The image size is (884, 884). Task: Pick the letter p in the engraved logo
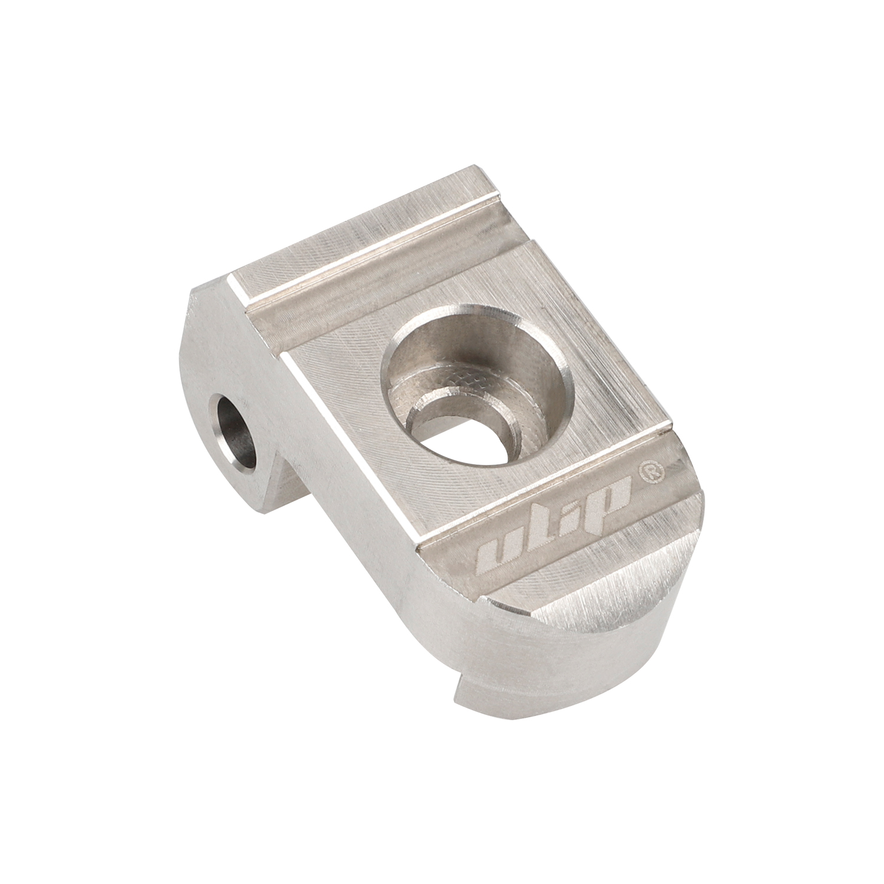point(613,495)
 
